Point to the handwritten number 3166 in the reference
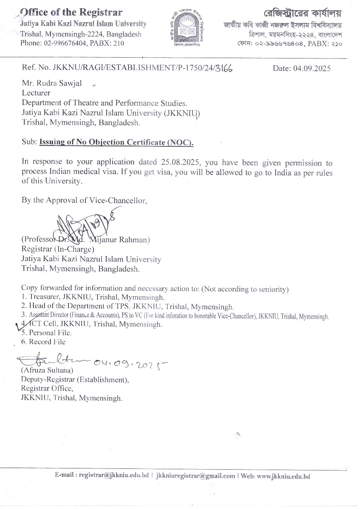click(x=224, y=68)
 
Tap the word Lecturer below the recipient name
click(x=36, y=93)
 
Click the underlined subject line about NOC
click(x=116, y=142)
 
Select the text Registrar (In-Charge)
click(x=58, y=250)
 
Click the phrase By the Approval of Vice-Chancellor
click(x=84, y=200)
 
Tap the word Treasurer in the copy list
click(x=44, y=297)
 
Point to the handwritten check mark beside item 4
click(x=18, y=327)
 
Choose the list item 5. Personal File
click(x=47, y=333)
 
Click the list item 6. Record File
click(x=43, y=342)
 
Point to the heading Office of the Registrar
click(x=71, y=13)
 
